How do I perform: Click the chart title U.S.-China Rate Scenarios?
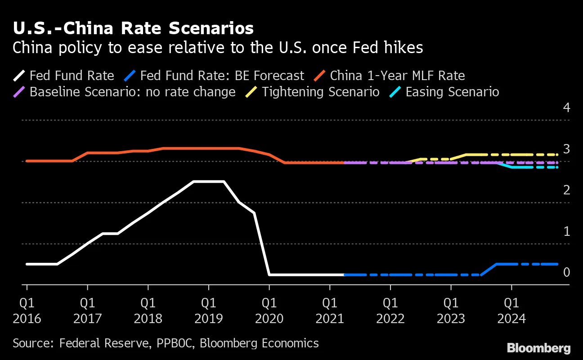[x=133, y=28]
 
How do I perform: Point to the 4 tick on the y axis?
[x=566, y=108]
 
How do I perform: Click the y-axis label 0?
[x=566, y=272]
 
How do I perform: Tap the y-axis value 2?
[x=566, y=190]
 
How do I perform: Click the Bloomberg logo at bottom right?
[x=538, y=348]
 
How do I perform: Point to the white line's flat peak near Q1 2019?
[x=209, y=182]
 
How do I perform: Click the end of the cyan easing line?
[x=557, y=167]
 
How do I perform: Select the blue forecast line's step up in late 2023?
[x=489, y=269]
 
